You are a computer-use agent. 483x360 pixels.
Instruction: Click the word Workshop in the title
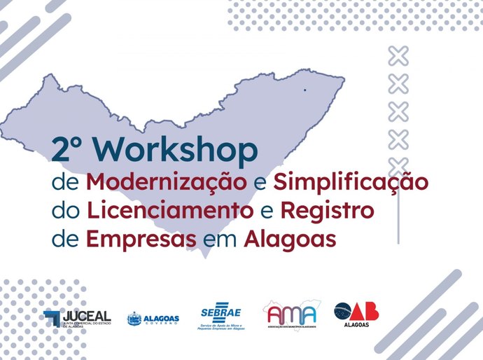click(184, 151)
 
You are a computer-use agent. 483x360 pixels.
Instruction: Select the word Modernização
click(167, 182)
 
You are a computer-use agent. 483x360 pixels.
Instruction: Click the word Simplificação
click(350, 182)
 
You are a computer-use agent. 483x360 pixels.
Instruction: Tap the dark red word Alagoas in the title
click(290, 237)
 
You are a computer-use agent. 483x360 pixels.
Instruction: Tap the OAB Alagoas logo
click(356, 314)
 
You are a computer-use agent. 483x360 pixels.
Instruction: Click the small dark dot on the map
click(304, 90)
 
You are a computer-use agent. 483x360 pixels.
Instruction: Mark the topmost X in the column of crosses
click(398, 55)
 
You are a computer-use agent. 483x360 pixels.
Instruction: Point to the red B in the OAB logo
click(371, 311)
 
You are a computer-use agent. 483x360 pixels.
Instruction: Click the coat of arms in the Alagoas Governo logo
click(134, 319)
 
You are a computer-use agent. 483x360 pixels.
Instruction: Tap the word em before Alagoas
click(220, 238)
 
